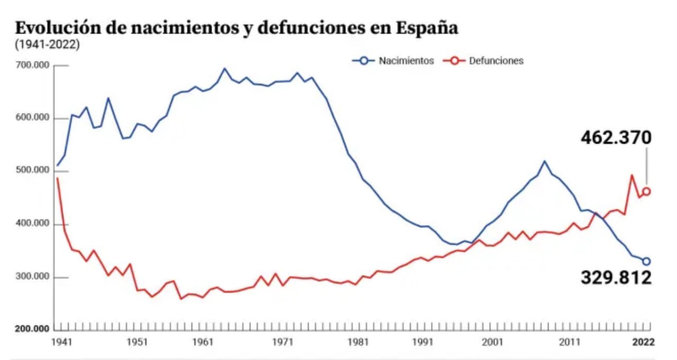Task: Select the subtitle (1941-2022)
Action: (48, 45)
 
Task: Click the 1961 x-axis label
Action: (203, 343)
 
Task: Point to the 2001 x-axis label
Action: (492, 343)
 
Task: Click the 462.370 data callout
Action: (616, 138)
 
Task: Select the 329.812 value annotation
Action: (616, 278)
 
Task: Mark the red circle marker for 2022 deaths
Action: (646, 191)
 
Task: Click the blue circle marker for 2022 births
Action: (646, 261)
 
